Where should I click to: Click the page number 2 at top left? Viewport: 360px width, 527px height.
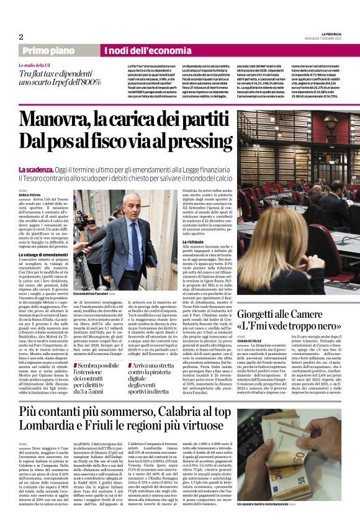(20, 37)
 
